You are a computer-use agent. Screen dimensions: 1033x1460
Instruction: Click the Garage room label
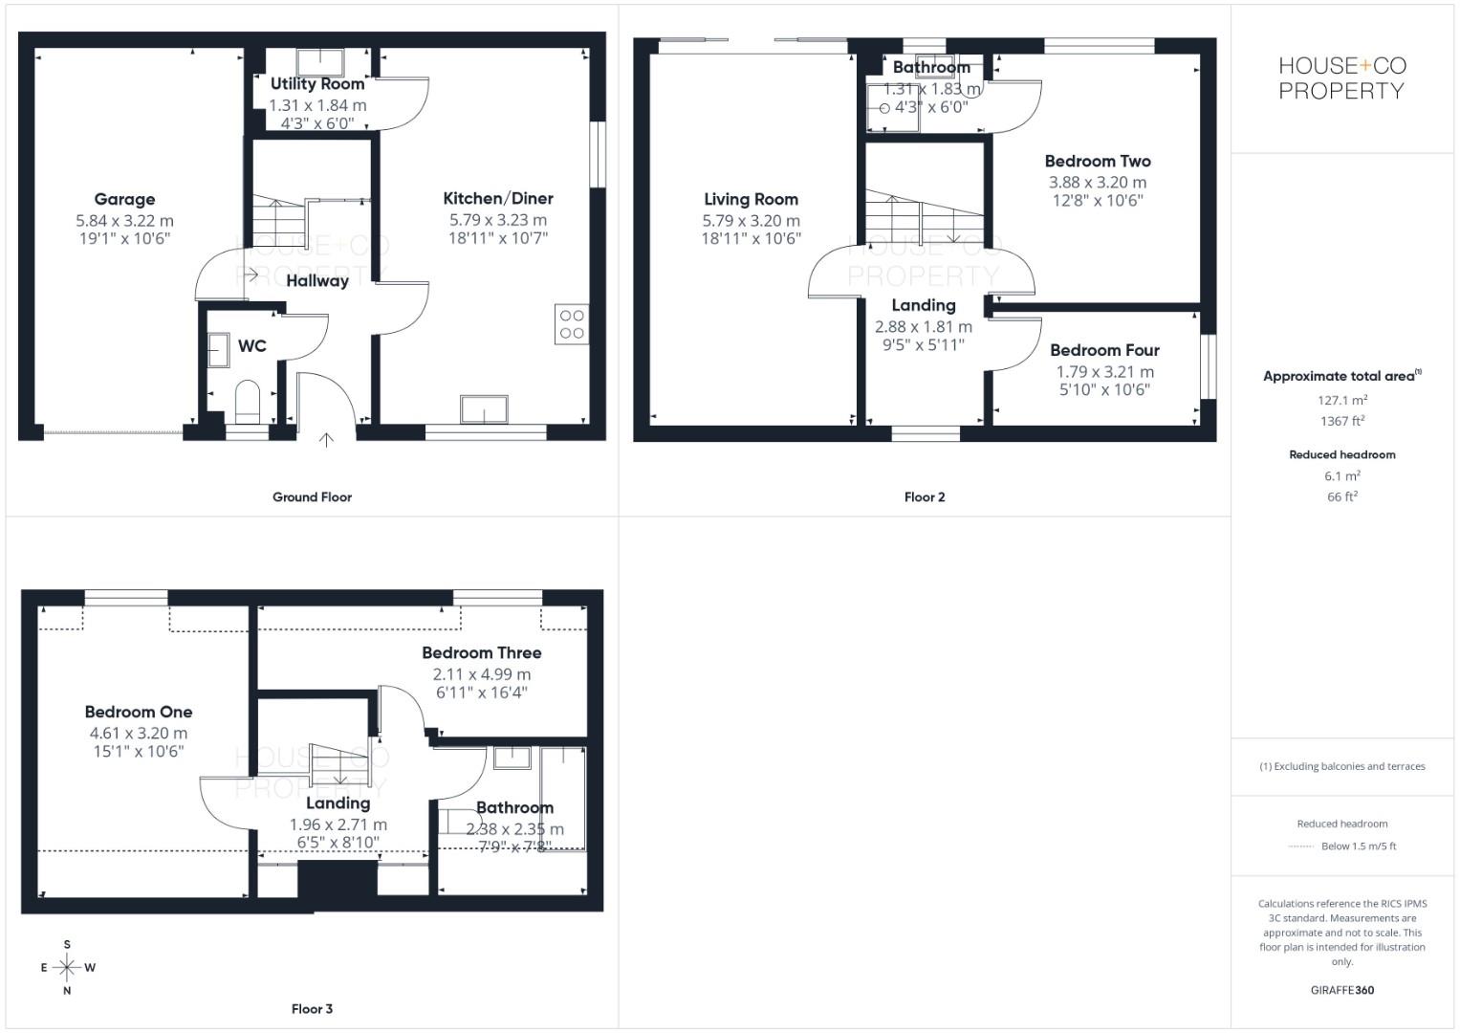pyautogui.click(x=124, y=199)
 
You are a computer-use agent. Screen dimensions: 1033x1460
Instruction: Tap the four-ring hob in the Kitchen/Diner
pyautogui.click(x=572, y=324)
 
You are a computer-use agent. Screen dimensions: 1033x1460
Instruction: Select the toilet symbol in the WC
pyautogui.click(x=248, y=402)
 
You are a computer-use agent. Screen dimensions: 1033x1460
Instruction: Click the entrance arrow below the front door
pyautogui.click(x=327, y=440)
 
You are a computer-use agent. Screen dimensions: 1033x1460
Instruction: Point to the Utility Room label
pyautogui.click(x=317, y=84)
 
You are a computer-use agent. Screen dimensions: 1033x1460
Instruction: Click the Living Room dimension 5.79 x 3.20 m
pyautogui.click(x=751, y=220)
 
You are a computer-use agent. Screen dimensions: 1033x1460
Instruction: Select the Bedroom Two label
pyautogui.click(x=1098, y=161)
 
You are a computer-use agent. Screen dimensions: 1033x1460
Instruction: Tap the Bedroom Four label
pyautogui.click(x=1104, y=350)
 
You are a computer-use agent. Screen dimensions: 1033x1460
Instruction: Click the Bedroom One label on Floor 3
pyautogui.click(x=139, y=712)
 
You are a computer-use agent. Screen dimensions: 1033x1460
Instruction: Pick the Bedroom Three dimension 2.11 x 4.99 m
pyautogui.click(x=482, y=673)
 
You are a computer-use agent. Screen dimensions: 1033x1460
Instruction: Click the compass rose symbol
pyautogui.click(x=67, y=967)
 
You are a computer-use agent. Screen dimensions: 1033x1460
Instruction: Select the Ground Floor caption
pyautogui.click(x=312, y=497)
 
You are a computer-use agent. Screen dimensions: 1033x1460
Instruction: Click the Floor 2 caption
pyautogui.click(x=925, y=497)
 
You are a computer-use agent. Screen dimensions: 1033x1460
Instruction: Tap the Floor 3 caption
pyautogui.click(x=312, y=1009)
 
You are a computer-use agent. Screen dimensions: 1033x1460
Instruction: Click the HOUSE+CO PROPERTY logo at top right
pyautogui.click(x=1341, y=78)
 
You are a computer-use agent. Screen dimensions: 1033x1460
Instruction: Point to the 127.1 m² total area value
pyautogui.click(x=1342, y=401)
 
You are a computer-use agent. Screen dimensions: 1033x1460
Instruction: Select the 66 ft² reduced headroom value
pyautogui.click(x=1342, y=496)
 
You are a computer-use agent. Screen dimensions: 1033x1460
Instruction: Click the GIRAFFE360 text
pyautogui.click(x=1342, y=990)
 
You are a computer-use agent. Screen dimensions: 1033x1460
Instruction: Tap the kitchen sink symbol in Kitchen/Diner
pyautogui.click(x=486, y=408)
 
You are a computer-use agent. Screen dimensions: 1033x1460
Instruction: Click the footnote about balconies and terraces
pyautogui.click(x=1342, y=766)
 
